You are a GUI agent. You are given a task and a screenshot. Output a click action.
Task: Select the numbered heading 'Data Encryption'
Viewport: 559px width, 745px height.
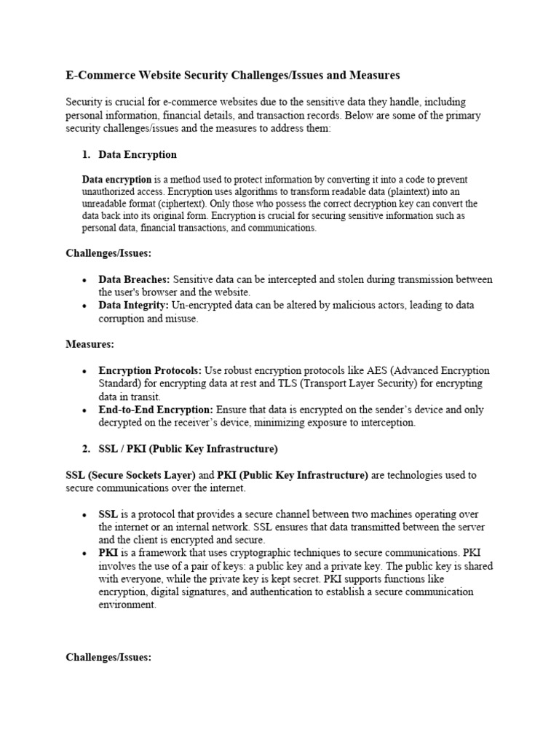tap(138, 155)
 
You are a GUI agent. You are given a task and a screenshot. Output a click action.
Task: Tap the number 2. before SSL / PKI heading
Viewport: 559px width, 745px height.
tap(86, 448)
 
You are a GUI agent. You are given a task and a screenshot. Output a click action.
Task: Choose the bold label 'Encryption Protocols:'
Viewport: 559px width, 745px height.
tap(151, 370)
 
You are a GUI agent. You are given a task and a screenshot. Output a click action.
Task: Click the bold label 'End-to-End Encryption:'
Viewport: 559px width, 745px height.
tap(156, 410)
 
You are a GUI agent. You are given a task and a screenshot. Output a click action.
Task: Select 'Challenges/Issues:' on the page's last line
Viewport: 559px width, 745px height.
tap(108, 657)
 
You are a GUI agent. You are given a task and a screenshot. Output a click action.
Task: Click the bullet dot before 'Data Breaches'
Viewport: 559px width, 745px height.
tap(85, 280)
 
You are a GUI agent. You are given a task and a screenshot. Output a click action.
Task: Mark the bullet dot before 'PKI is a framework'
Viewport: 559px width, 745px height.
tap(85, 553)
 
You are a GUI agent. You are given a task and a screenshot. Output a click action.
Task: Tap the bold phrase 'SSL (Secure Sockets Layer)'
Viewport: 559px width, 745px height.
tap(130, 475)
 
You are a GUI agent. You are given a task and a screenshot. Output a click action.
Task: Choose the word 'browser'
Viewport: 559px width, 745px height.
tap(144, 292)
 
